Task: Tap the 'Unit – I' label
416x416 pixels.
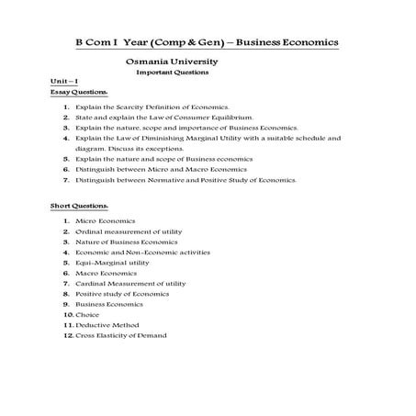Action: (x=64, y=83)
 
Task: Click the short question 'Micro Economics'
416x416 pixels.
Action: (x=106, y=222)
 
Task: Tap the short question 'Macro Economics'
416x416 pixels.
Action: (x=106, y=274)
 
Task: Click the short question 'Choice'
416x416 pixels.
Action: (x=88, y=315)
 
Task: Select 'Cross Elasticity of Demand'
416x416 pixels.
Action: (x=121, y=335)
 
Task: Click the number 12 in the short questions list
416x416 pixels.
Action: (x=68, y=335)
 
